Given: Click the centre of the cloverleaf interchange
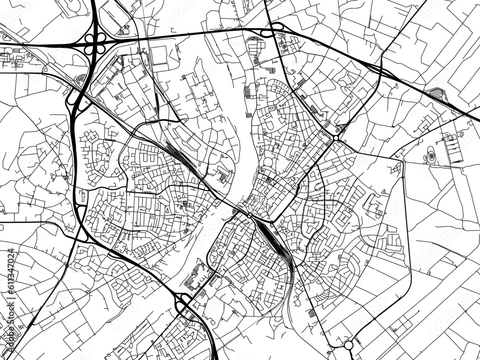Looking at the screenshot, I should pos(95,44).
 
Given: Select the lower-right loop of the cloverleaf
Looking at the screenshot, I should pos(100,48).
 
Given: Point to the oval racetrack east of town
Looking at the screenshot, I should pos(431,156).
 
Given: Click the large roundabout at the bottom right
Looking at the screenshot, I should pos(348,345).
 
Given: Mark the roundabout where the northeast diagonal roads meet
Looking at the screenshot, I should pos(336,138).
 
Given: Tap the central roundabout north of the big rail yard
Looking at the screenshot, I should pos(250,216).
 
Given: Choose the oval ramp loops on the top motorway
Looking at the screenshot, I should pos(267,32).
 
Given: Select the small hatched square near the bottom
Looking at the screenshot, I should pos(313,313).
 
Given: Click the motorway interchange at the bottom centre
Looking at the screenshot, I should pos(183,303).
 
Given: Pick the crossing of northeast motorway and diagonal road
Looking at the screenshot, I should pos(381,67).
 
